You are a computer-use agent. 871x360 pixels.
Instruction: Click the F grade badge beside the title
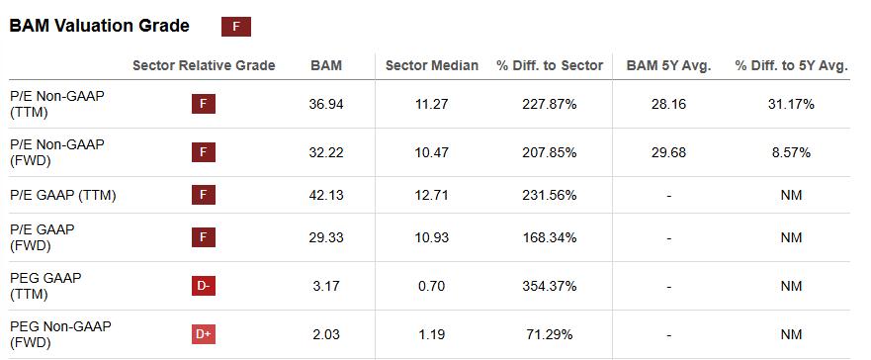pos(235,27)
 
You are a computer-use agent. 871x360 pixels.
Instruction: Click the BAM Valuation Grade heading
pos(99,27)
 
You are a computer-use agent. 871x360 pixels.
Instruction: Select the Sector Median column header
pos(432,65)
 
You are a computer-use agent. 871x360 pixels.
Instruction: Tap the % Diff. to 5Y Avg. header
pos(791,65)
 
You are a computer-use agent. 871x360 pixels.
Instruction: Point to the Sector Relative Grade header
pos(204,65)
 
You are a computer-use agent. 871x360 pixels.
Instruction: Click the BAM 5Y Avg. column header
pos(668,65)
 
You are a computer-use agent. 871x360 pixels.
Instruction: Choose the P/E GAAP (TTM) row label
pos(63,195)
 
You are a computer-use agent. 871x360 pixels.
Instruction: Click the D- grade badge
pos(203,287)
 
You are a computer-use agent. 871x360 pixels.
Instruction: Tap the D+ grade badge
pos(203,334)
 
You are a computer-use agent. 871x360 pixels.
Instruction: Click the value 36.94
pos(326,104)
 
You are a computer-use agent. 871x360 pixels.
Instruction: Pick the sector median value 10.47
pos(432,152)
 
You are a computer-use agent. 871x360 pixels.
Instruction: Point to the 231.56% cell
pos(550,195)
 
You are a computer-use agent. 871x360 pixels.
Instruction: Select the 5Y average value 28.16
pos(669,104)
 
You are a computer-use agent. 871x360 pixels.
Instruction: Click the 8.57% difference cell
pos(790,152)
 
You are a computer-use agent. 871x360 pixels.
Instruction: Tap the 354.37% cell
pos(550,287)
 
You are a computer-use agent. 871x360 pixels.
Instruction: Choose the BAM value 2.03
pos(326,334)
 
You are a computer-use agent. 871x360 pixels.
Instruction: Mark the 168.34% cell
pos(550,239)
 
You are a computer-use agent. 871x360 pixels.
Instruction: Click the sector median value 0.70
pos(432,287)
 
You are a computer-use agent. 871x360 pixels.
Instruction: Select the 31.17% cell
pos(790,104)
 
